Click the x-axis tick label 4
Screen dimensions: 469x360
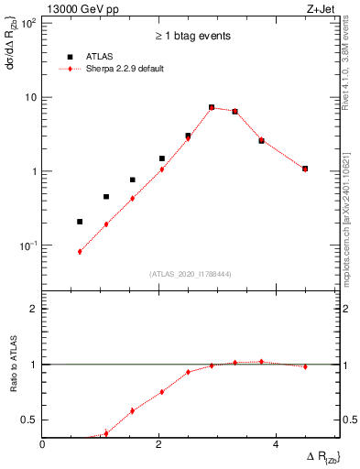coord(277,444)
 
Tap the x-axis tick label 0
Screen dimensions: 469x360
coord(44,444)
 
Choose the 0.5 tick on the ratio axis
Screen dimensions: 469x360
coord(29,420)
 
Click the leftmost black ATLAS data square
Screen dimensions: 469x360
coord(80,222)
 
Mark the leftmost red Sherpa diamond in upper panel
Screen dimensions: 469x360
coord(80,251)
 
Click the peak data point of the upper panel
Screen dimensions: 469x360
coord(212,107)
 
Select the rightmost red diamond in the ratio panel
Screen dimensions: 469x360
coord(305,366)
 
